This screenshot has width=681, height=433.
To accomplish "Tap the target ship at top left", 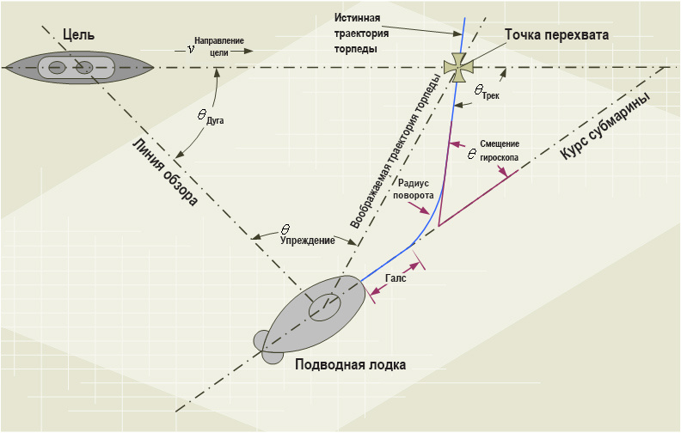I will pos(77,67).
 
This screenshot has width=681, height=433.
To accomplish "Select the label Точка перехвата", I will pos(556,36).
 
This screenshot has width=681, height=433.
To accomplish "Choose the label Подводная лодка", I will pos(350,364).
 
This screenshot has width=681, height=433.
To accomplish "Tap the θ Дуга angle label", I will pos(210,118).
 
